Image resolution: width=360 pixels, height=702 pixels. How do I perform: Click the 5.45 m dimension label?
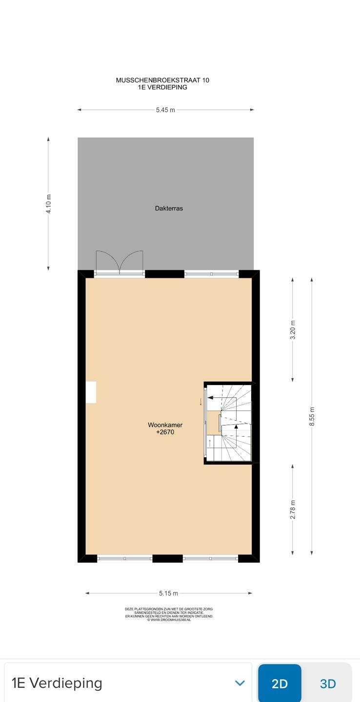165,110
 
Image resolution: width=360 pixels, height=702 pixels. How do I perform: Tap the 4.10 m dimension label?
48,203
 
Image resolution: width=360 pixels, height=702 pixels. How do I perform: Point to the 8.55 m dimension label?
312,417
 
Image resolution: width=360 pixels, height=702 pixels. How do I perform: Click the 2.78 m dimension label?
293,509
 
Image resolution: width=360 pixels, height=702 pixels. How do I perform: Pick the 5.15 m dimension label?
168,593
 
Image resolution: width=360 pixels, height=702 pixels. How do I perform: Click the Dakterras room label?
169,208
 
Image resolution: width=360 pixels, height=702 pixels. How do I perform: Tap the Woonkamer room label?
165,425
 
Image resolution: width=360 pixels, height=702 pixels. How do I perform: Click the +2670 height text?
165,432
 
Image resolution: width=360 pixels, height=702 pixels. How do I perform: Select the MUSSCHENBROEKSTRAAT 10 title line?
162,80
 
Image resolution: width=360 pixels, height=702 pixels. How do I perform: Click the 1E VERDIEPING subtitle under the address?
162,87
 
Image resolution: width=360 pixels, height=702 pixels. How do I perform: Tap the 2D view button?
280,683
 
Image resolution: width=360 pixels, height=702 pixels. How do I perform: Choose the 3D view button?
328,683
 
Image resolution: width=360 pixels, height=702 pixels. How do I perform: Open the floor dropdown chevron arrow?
240,683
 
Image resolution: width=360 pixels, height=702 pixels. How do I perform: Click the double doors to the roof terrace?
120,263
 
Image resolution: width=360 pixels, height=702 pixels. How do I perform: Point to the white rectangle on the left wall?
91,392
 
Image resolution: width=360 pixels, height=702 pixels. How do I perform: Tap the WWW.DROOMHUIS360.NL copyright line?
169,620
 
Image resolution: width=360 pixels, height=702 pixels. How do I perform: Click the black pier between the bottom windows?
167,559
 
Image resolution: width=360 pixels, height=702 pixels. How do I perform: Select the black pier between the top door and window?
164,274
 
